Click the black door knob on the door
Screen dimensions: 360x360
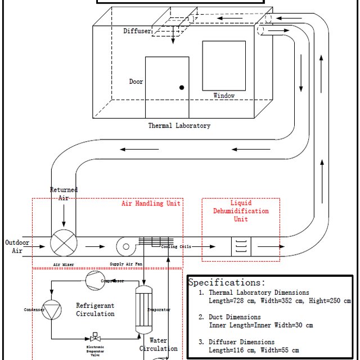tap(182, 87)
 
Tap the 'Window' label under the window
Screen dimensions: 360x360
tap(224, 96)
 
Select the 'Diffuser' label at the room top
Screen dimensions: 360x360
tap(137, 31)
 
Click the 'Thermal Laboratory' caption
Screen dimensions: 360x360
tap(179, 125)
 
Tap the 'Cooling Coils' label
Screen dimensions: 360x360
tap(176, 247)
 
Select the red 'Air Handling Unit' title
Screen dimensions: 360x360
tap(151, 203)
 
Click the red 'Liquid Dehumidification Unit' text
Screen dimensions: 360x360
tap(241, 211)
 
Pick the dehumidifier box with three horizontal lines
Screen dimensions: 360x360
tap(241, 246)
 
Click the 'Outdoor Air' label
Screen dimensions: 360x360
tap(17, 246)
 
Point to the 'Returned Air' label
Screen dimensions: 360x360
tap(64, 193)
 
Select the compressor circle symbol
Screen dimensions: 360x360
tap(93, 280)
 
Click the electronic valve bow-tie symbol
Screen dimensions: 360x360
tap(94, 339)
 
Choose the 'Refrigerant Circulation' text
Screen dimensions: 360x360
tap(95, 309)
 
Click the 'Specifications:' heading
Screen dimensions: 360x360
tap(226, 282)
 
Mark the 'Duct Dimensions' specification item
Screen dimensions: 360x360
tap(235, 317)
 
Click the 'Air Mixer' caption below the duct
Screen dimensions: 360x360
tap(64, 263)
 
